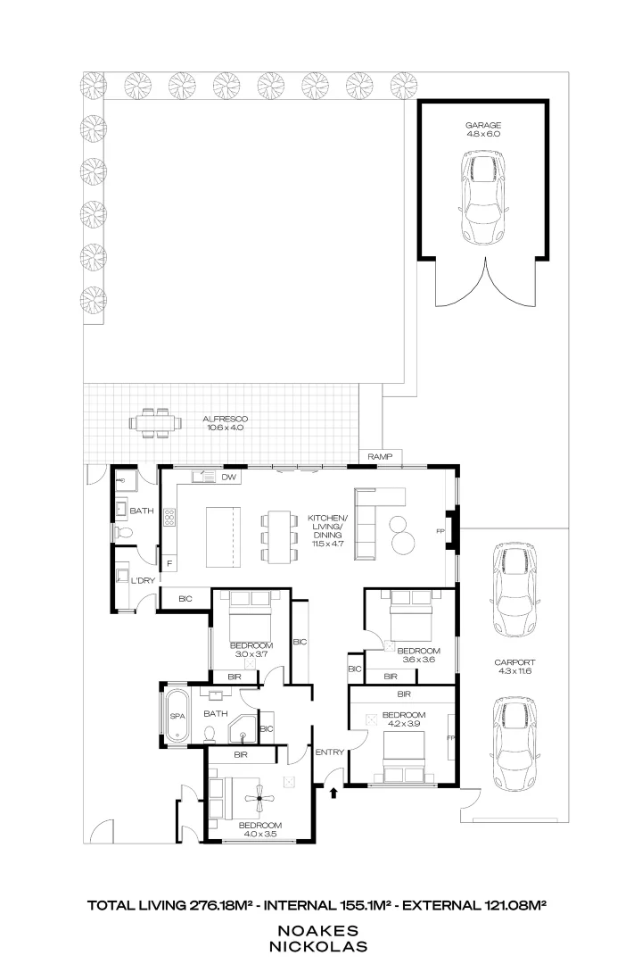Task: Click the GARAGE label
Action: (483, 126)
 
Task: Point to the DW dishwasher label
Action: (228, 478)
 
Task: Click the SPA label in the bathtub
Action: (177, 717)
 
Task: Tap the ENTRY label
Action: (329, 752)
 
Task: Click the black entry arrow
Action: (333, 791)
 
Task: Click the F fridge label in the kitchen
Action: (169, 563)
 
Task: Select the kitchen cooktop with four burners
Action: (169, 517)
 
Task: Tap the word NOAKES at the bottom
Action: (321, 929)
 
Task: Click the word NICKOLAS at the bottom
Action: (321, 943)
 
